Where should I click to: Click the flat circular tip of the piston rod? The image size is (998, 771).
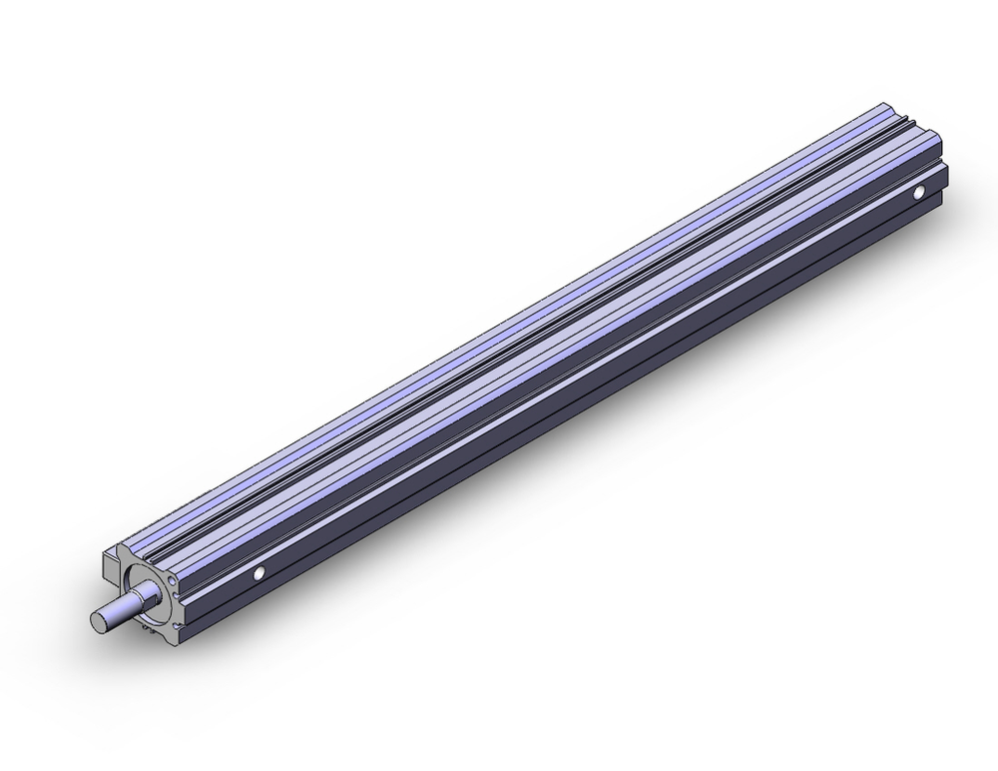pos(100,619)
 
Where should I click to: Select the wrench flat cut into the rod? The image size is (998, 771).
pos(131,603)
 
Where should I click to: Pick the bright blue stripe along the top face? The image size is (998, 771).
pos(499,330)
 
